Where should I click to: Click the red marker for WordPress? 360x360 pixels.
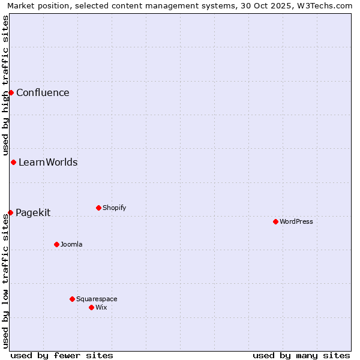pos(275,221)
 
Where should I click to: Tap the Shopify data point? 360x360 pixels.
pos(98,208)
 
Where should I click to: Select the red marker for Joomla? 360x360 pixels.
pos(56,244)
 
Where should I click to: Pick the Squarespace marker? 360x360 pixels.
pos(72,299)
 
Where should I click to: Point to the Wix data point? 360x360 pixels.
pos(91,307)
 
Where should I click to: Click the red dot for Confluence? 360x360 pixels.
pos(11,92)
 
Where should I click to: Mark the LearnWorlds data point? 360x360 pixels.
pos(13,162)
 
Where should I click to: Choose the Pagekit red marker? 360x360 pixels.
pos(10,212)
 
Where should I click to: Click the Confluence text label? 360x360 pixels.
pos(43,92)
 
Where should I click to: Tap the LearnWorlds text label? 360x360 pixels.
pos(48,162)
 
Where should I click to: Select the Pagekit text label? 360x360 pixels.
pos(33,212)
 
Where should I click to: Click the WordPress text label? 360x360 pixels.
pos(296,221)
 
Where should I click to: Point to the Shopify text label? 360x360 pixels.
pos(114,208)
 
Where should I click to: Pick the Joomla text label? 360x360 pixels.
pos(71,244)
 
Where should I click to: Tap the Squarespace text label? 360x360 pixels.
pos(97,299)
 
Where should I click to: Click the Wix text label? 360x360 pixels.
pos(101,307)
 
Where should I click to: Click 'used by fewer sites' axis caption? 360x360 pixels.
pos(62,355)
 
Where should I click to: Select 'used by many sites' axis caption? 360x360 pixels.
pos(301,355)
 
